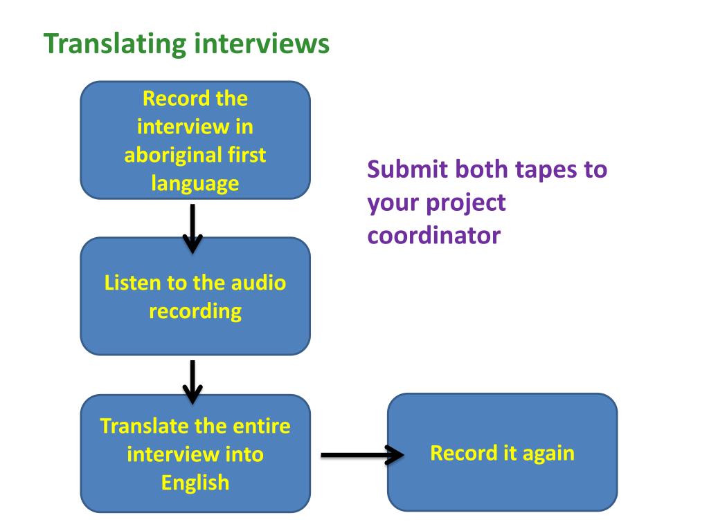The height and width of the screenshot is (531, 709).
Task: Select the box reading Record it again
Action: [x=502, y=452]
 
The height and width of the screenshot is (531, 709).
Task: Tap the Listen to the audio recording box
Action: [x=195, y=296]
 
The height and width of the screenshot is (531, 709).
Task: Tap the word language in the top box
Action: [x=195, y=183]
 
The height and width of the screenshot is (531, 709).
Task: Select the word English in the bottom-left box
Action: [x=195, y=482]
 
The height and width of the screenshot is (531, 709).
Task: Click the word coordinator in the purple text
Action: [x=433, y=236]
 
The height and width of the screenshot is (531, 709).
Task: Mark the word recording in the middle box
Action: [x=195, y=310]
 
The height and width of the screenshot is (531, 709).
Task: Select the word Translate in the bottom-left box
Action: [x=145, y=425]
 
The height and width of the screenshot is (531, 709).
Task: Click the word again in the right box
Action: [x=548, y=453]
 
